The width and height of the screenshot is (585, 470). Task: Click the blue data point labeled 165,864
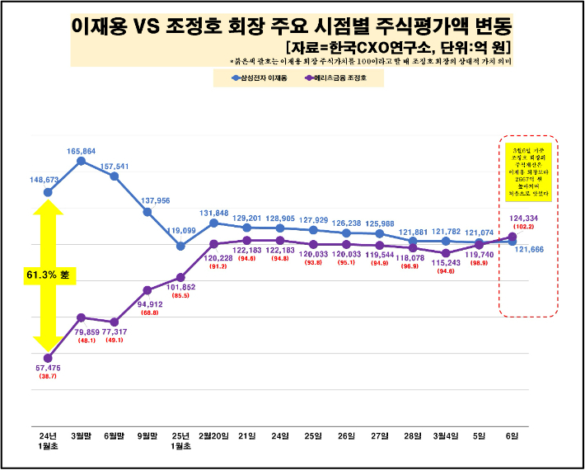81,161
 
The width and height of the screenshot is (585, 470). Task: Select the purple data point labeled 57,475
48,358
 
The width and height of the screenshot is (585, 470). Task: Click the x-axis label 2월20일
213,434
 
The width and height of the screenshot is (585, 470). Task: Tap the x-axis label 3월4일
446,434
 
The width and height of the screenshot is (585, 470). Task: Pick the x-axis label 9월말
147,434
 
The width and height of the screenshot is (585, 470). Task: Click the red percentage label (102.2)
524,226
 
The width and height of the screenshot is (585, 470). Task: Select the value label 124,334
524,218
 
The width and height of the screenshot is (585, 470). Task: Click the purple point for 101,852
180,277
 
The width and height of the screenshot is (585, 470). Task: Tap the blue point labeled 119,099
180,245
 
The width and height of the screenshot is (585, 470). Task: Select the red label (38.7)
48,376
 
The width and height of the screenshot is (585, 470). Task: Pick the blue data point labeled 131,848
213,223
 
